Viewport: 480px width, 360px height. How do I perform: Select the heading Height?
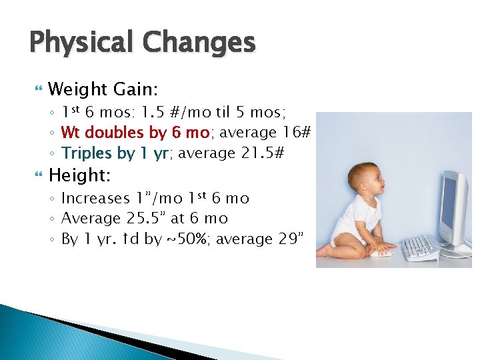(79, 176)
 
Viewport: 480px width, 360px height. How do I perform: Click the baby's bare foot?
(324, 251)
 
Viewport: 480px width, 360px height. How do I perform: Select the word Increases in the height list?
(95, 199)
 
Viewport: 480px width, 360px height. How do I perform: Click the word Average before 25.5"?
(89, 219)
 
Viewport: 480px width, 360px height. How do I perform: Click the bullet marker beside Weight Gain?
(36, 89)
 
